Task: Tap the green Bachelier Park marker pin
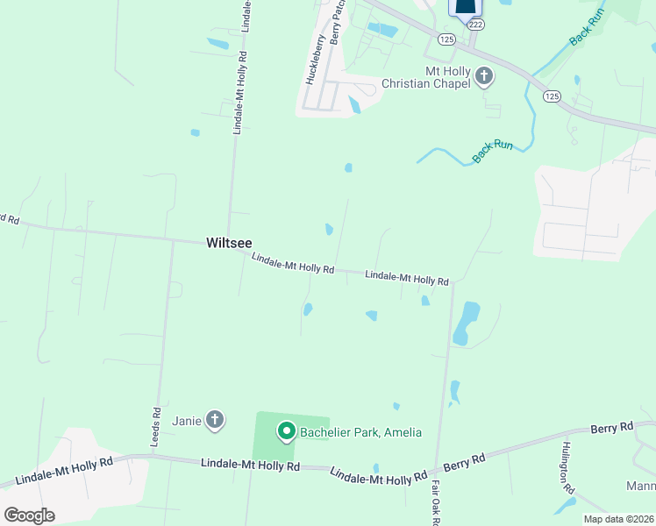[x=286, y=430]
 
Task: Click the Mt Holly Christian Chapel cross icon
[x=483, y=77]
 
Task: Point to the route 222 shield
[x=475, y=25]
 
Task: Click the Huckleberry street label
[x=314, y=59]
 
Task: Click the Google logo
[x=29, y=515]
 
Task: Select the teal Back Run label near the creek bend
[x=492, y=150]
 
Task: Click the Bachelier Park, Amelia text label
[x=360, y=432]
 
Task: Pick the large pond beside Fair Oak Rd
[x=466, y=323]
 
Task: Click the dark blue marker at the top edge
[x=466, y=7]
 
